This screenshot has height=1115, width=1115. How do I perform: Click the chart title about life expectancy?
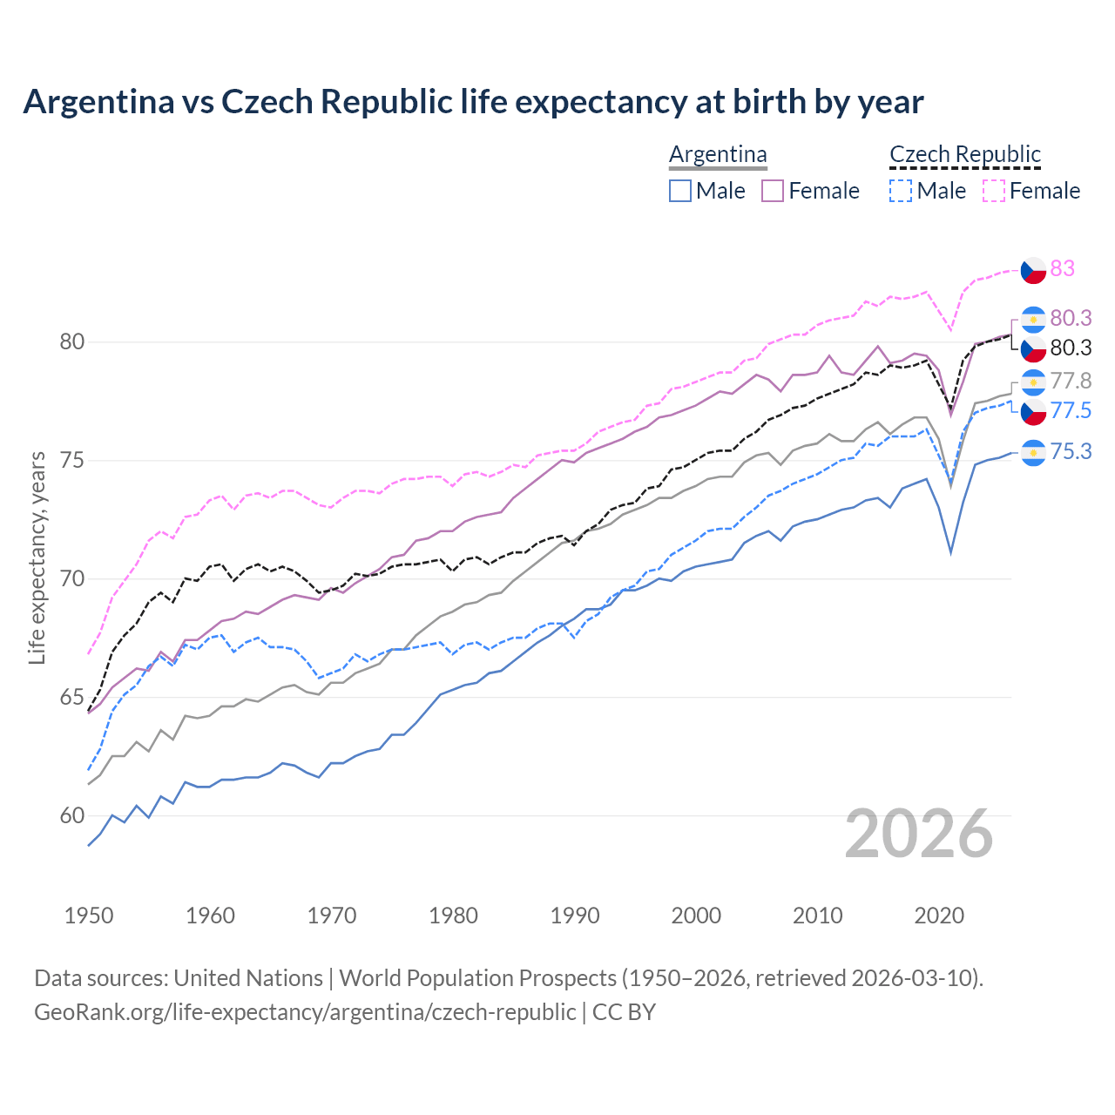pos(473,102)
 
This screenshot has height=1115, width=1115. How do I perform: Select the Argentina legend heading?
pos(718,154)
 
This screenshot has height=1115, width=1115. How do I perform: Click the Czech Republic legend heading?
pos(964,154)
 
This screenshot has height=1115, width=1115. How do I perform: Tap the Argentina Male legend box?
pos(680,191)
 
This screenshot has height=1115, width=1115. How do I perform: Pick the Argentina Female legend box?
pos(773,191)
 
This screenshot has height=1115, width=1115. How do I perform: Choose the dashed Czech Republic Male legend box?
pos(901,191)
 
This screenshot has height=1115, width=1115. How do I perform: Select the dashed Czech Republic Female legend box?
pos(994,191)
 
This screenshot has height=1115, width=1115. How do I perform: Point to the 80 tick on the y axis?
pos(72,341)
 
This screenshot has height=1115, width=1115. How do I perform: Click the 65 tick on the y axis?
pos(72,698)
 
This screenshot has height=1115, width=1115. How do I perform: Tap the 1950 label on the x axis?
pos(89,916)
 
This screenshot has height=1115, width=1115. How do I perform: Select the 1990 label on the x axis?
pos(575,916)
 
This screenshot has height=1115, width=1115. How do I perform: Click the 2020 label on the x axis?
pos(939,916)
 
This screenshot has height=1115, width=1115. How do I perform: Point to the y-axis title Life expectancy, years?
pos(37,557)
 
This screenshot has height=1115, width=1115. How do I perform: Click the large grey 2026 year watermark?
pos(919,834)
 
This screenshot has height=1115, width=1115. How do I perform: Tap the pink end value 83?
pos(1062,268)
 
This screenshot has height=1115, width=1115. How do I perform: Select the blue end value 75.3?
pos(1071,451)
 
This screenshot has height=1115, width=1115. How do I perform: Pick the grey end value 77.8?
pos(1071,381)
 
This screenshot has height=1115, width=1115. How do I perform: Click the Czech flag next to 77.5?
pos(1033,411)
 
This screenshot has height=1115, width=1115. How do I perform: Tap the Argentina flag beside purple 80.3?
pos(1033,319)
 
